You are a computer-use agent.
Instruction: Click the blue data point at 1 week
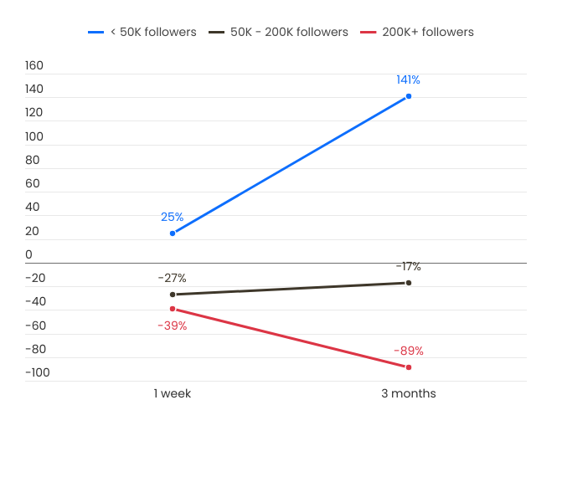(173, 233)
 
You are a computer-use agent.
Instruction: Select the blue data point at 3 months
(409, 96)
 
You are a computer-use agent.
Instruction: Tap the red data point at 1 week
(173, 309)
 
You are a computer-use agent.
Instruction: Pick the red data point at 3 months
(409, 367)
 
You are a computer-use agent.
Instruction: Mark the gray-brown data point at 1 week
(173, 295)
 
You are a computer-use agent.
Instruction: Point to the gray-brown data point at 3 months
(409, 283)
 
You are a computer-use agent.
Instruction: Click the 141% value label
(408, 79)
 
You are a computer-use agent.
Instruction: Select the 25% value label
(172, 217)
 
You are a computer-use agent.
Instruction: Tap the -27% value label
(172, 278)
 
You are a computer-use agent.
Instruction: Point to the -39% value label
(172, 326)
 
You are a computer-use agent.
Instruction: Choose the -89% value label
(408, 351)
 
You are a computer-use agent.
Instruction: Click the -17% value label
(408, 266)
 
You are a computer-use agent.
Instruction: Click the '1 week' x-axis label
(172, 393)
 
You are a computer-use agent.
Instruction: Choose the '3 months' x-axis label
(409, 393)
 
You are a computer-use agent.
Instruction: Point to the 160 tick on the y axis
(34, 65)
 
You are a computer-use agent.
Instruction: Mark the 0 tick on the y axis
(28, 254)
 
